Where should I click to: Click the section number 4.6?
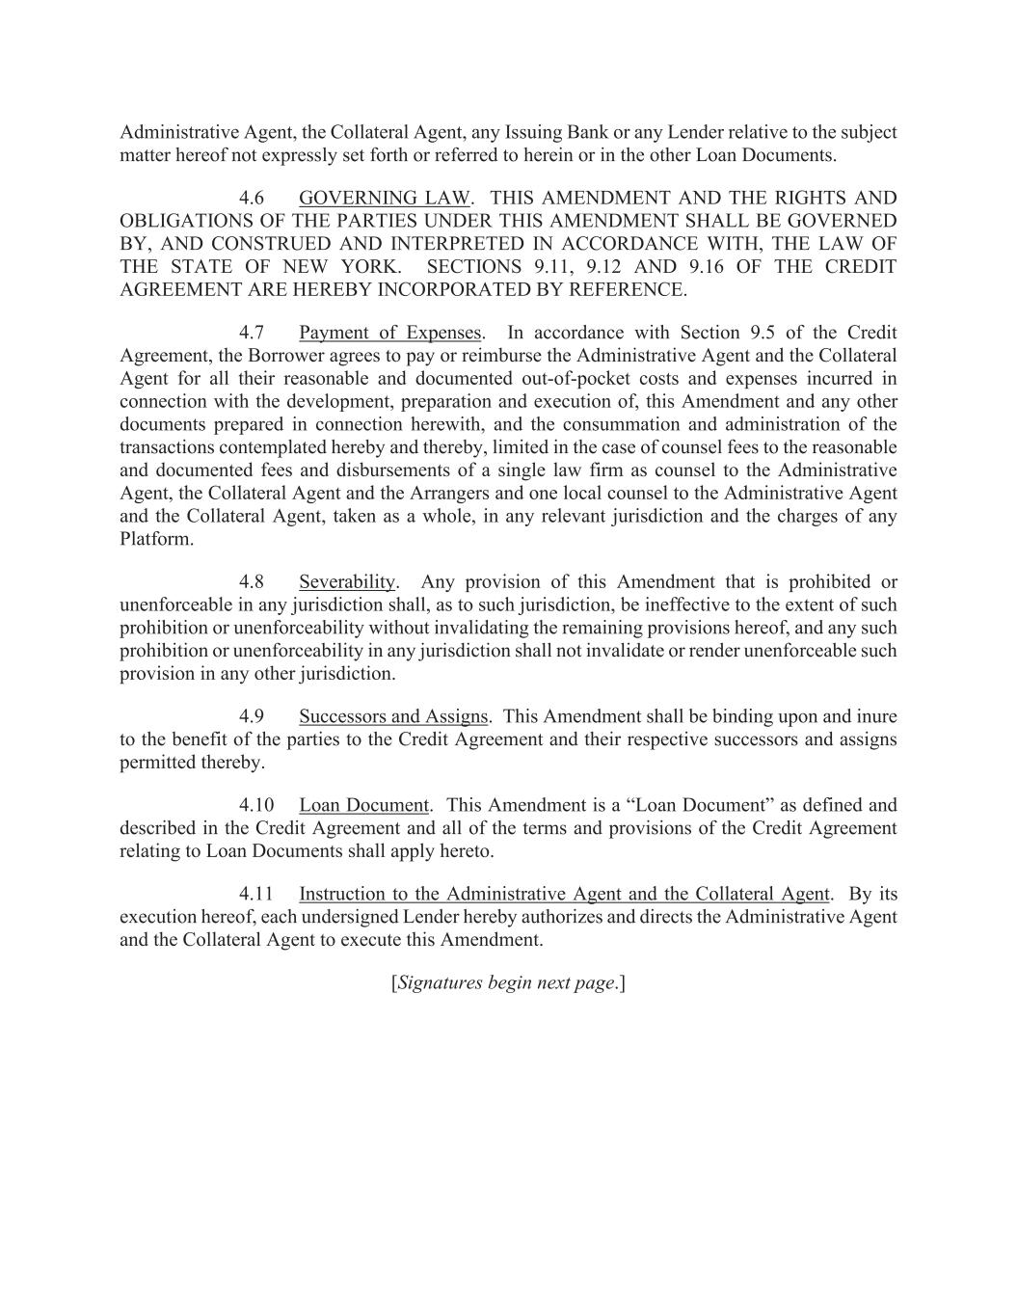click(252, 198)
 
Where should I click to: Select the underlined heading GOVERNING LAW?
click(384, 198)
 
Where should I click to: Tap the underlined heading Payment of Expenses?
click(389, 333)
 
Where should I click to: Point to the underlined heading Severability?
click(347, 581)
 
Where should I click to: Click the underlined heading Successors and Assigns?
click(393, 716)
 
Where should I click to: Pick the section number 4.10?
click(256, 805)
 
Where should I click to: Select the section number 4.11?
click(256, 894)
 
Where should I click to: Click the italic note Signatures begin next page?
click(508, 982)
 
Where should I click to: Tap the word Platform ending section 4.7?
click(154, 539)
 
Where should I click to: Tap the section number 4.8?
click(252, 581)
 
